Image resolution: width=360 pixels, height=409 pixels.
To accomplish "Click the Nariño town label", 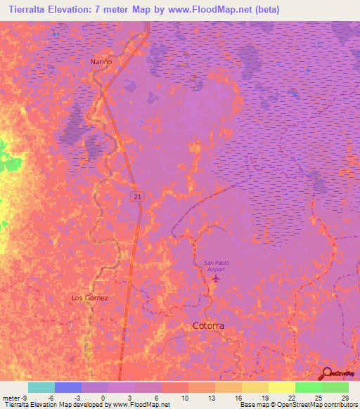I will pyautogui.click(x=101, y=62).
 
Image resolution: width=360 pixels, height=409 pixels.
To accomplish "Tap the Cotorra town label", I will pyautogui.click(x=209, y=326).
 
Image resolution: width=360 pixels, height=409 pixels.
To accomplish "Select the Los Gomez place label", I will pyautogui.click(x=90, y=298).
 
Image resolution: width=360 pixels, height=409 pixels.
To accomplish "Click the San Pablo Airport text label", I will pyautogui.click(x=217, y=266).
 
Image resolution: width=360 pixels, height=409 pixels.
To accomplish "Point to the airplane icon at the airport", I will pyautogui.click(x=215, y=280).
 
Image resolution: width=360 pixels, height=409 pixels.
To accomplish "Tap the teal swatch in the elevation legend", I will pyautogui.click(x=41, y=387).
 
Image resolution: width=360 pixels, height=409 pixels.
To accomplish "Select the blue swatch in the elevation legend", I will pyautogui.click(x=68, y=387).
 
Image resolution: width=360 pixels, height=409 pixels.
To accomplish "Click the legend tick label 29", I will pyautogui.click(x=345, y=398).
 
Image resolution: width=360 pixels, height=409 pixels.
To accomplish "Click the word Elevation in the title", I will pyautogui.click(x=85, y=9).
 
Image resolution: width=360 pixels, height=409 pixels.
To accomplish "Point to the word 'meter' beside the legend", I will pyautogui.click(x=11, y=398).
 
